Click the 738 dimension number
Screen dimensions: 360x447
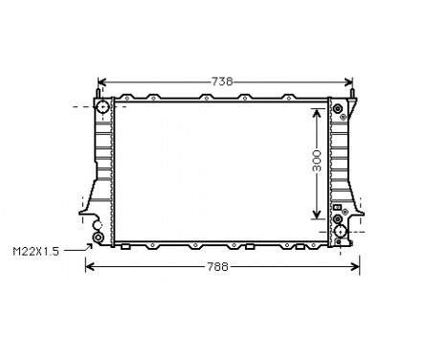pos(222,81)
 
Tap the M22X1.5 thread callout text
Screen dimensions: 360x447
pos(35,251)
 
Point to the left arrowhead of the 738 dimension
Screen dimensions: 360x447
pos(101,82)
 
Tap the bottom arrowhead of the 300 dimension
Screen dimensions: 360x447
pos(317,217)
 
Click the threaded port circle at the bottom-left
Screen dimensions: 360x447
pos(97,237)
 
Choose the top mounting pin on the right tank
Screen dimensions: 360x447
pos(353,94)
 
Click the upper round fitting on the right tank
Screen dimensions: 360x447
pos(337,110)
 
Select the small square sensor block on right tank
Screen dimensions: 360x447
pos(336,207)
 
